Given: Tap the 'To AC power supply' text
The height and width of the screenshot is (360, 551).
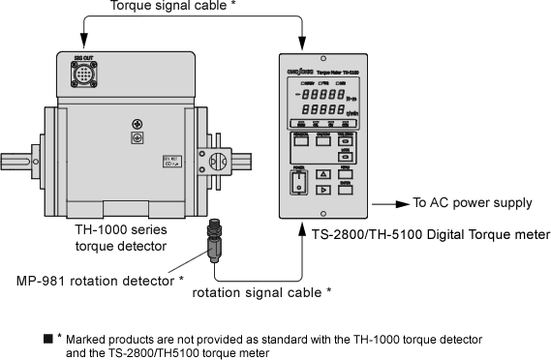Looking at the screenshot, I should point(473,203).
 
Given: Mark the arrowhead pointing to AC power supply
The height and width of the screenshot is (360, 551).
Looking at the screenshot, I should point(401,203).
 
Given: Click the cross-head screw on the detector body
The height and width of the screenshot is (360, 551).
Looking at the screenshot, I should point(136,124).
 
